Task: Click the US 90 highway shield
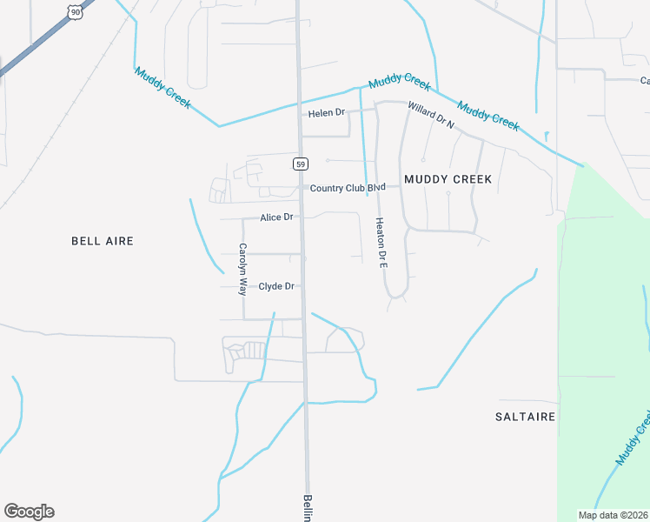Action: tap(76, 10)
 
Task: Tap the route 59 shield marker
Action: tap(301, 164)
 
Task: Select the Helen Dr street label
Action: tap(327, 113)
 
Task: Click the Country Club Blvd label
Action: tap(348, 188)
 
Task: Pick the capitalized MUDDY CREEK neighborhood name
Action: tap(448, 179)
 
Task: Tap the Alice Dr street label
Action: tap(276, 217)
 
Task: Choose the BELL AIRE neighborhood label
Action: tap(103, 240)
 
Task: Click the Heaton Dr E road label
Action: tap(380, 242)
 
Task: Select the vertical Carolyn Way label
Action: tap(243, 270)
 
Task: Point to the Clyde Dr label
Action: tap(277, 285)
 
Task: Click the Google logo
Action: tap(29, 512)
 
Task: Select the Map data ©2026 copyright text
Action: tap(613, 515)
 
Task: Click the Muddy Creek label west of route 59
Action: tap(162, 87)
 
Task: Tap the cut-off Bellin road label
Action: tap(308, 508)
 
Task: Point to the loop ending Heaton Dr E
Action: tap(397, 291)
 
